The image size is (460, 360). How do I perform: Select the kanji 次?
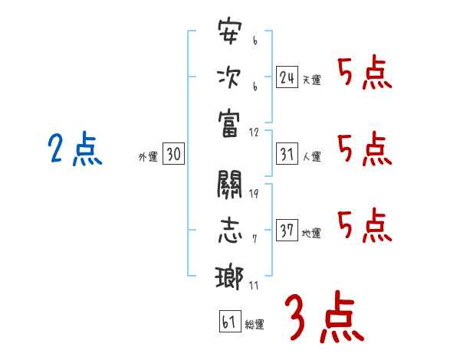point(229,78)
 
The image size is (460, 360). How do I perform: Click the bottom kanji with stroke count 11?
point(229,276)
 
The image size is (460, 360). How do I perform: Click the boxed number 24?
point(287,77)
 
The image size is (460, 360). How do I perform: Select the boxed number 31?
point(287,154)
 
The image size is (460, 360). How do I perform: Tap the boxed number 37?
point(287,231)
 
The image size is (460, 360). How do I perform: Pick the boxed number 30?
point(173,155)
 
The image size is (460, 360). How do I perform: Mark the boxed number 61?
point(228,322)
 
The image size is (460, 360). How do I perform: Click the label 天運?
point(311,80)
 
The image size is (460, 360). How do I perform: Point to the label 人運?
point(311,156)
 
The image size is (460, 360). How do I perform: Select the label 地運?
point(311,233)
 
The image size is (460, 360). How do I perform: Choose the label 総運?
point(255,324)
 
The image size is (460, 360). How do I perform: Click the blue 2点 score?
point(75,149)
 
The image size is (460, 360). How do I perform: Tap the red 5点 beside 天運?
point(365,74)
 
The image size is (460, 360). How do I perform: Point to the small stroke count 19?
point(253,192)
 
